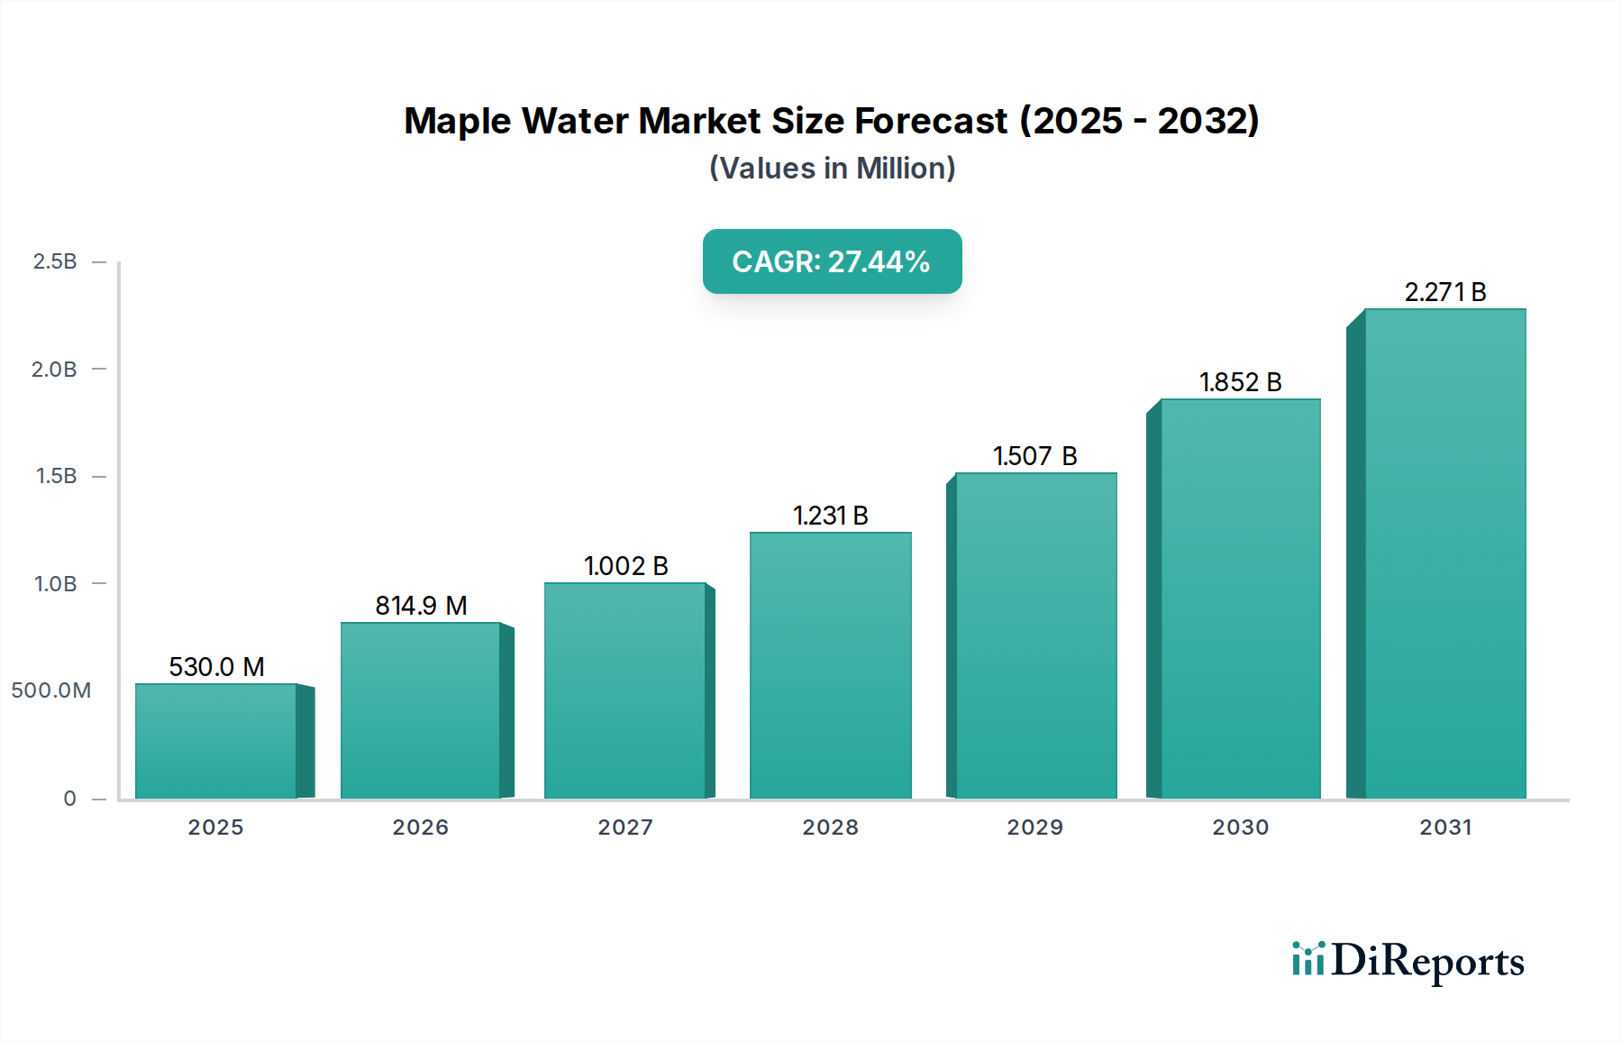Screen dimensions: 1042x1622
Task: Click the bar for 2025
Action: point(216,741)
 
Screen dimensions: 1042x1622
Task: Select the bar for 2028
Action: point(830,665)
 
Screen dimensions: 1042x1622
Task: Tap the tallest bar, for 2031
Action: point(1444,553)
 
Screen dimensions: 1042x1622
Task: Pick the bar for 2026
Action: point(420,710)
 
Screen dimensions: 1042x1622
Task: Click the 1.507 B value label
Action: point(1034,456)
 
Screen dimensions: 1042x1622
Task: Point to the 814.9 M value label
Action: point(421,606)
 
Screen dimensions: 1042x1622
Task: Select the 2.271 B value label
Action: point(1444,292)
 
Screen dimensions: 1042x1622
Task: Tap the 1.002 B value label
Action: point(625,566)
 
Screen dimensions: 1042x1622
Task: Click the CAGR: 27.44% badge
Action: point(832,261)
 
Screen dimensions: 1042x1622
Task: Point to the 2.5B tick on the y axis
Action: point(55,261)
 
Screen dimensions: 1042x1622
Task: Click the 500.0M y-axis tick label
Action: point(51,690)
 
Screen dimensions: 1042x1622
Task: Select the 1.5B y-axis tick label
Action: point(56,476)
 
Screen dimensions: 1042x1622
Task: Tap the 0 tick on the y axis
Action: point(69,799)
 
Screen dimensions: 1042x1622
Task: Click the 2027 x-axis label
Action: point(625,827)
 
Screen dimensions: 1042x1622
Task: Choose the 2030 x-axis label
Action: point(1240,827)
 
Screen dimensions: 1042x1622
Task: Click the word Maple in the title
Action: point(457,121)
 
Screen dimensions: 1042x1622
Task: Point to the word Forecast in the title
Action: point(931,121)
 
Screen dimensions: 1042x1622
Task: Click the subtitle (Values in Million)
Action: point(832,169)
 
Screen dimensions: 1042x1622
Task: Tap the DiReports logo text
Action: point(1427,961)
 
